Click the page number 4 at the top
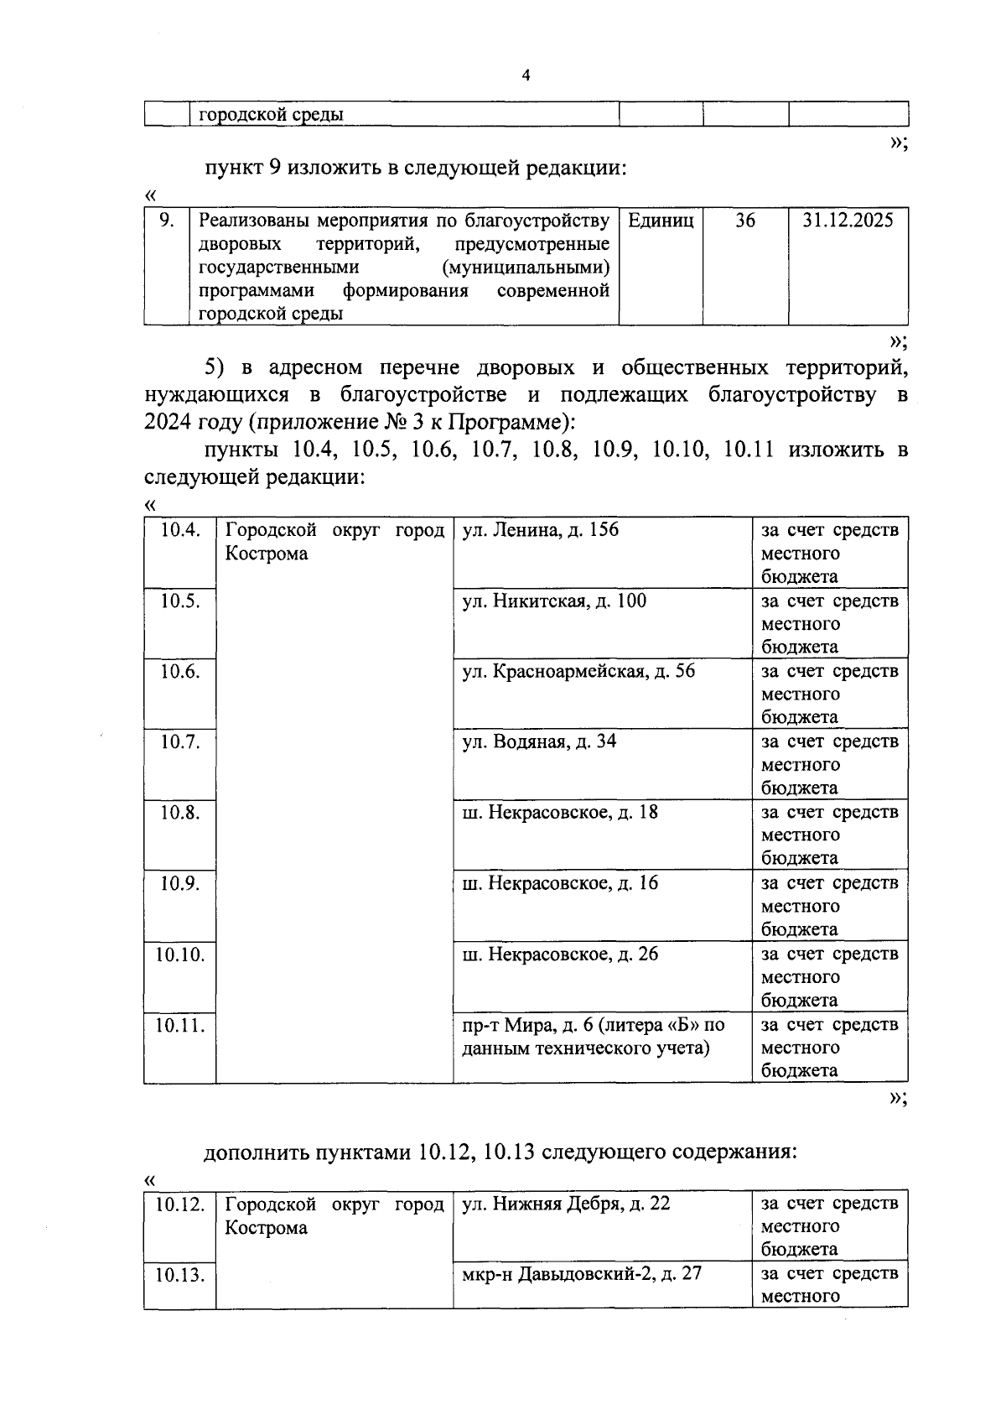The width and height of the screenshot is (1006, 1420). pyautogui.click(x=526, y=76)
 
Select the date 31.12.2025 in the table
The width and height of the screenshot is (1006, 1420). pyautogui.click(x=848, y=221)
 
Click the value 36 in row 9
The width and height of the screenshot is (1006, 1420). pyautogui.click(x=744, y=221)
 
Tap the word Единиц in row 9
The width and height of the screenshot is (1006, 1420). pyautogui.click(x=661, y=221)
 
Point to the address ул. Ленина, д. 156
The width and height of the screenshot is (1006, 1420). pyautogui.click(x=540, y=530)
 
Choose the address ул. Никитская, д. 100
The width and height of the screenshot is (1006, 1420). pyautogui.click(x=554, y=601)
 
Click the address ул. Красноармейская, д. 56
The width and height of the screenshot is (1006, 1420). pyautogui.click(x=578, y=671)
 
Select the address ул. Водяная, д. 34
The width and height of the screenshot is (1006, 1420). pyautogui.click(x=539, y=741)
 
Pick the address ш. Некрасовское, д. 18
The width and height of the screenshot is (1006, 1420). pyautogui.click(x=560, y=812)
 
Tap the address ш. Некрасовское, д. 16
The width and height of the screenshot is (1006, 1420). pyautogui.click(x=560, y=883)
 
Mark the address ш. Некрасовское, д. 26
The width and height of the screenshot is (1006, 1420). pyautogui.click(x=560, y=954)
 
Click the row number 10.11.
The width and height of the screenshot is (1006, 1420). pyautogui.click(x=179, y=1025)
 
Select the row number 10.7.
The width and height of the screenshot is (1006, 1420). pyautogui.click(x=179, y=741)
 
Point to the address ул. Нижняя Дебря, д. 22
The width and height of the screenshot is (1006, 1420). pyautogui.click(x=566, y=1204)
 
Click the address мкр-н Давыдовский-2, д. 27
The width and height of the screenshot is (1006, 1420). pyautogui.click(x=582, y=1274)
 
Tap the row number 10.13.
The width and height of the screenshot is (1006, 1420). pyautogui.click(x=179, y=1276)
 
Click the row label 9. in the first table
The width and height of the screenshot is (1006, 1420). pyautogui.click(x=166, y=221)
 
